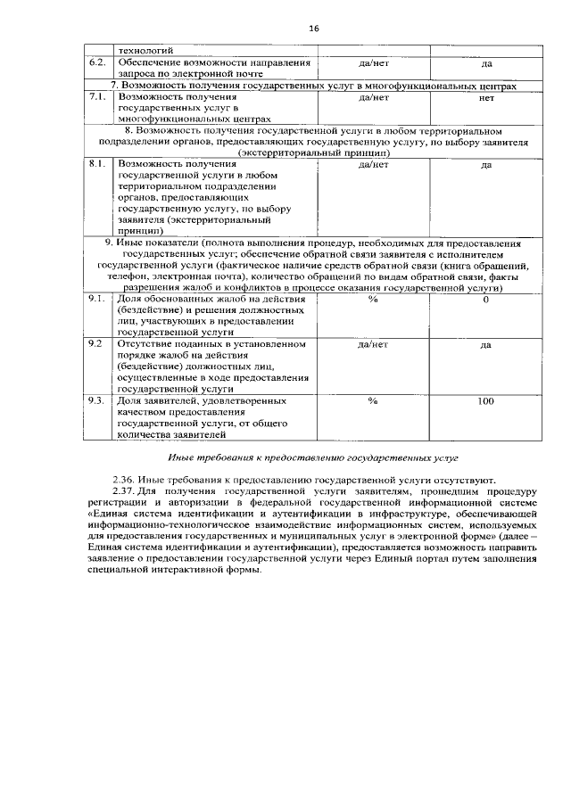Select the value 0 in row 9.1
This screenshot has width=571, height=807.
[486, 300]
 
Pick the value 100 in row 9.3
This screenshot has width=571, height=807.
[486, 401]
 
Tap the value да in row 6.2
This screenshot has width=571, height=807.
[486, 64]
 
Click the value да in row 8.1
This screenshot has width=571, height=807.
[486, 165]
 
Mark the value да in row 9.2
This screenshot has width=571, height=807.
[486, 343]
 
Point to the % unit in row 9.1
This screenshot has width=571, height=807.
[373, 300]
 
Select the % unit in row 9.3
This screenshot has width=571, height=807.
[373, 401]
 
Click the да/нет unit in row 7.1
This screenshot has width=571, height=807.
[373, 97]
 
